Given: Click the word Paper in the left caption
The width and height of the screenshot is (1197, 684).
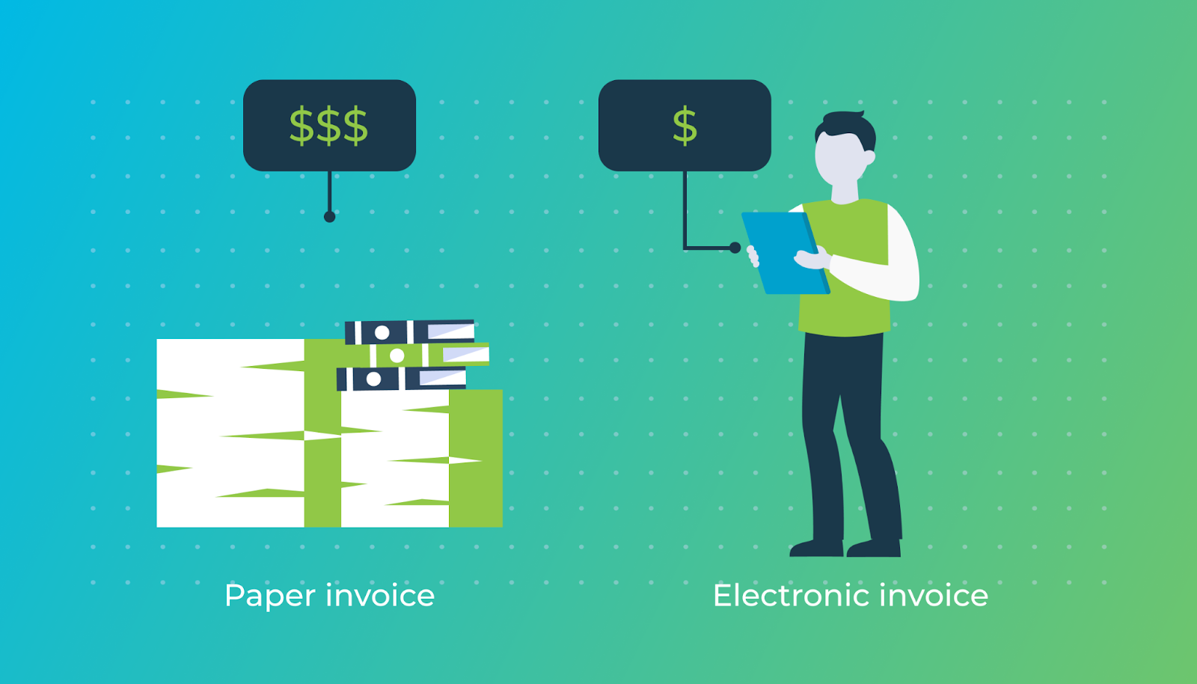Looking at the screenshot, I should coord(270,596).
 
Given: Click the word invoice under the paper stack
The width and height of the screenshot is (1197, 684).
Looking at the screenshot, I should coord(380,596).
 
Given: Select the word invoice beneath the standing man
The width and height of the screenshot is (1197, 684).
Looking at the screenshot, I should coord(934,596).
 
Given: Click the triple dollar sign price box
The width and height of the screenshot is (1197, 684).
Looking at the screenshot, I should coord(329,125).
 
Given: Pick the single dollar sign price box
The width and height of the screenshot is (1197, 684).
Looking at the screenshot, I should coord(685,125).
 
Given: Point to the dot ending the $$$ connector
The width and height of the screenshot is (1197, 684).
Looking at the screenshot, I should coord(329,217).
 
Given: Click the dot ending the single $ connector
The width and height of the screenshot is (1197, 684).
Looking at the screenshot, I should coord(735,248).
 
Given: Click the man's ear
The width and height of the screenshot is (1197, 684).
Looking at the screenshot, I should coord(869,158).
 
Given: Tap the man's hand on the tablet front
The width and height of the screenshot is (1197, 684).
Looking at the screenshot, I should coord(811,259).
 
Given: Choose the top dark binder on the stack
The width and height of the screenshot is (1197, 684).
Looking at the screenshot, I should coord(408,332).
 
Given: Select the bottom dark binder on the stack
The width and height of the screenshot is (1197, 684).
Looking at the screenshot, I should coord(400,379).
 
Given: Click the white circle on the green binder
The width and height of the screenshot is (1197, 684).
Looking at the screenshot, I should coord(397,355).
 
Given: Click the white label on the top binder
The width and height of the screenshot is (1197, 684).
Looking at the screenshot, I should coord(450,331).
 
